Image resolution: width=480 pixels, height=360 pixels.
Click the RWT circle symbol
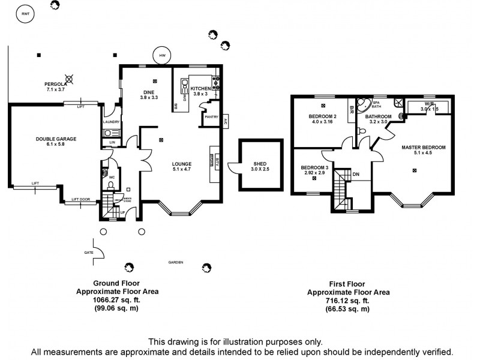pos(25,13)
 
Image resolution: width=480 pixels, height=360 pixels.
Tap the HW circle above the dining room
pos(162,56)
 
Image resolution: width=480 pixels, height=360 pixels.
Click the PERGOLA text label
pos(55,84)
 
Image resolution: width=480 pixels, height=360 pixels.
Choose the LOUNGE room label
pos(181,164)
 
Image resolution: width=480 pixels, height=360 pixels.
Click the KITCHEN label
pos(201,88)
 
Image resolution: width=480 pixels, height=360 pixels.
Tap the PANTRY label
pos(211,118)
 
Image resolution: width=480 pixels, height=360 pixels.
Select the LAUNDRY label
pos(112,122)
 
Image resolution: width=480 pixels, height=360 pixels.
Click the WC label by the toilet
pos(112,177)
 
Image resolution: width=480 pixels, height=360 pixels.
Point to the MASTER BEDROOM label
pos(423,147)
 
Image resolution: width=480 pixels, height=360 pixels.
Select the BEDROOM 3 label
pos(314,167)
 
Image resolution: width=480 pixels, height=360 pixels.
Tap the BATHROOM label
pos(379,116)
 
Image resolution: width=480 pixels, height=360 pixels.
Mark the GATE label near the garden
pos(89,253)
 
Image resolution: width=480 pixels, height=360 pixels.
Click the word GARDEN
pos(175,262)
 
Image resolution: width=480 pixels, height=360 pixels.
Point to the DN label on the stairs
pos(356,174)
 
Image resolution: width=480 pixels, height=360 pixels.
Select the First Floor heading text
pos(348,284)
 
